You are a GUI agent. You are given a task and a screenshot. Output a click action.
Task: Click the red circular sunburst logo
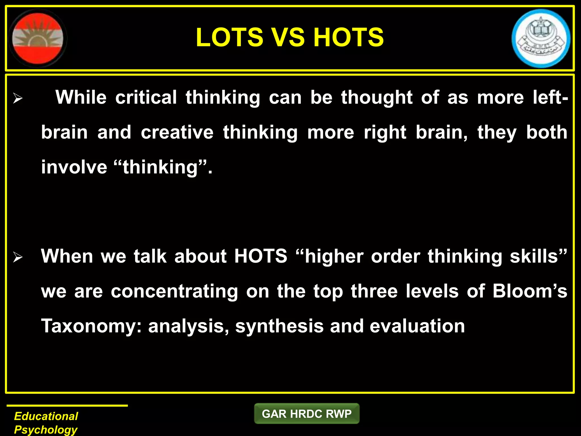pos(38,38)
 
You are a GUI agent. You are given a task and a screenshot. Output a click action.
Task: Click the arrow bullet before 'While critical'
pos(18,99)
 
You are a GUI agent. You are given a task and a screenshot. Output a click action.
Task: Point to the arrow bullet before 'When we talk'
pos(18,257)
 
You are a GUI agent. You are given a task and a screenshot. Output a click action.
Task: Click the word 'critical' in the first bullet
pos(146,97)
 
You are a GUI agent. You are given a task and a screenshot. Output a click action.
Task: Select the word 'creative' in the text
pos(177,132)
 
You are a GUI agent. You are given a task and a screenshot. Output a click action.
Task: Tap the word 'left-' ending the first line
pos(551,97)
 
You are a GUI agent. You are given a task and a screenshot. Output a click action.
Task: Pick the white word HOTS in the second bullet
pos(261,256)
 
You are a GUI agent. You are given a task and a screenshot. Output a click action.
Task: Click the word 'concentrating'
pos(174,292)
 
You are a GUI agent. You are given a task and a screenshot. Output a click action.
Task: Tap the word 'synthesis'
pos(279,326)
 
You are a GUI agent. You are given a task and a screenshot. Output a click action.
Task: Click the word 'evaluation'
pos(417,326)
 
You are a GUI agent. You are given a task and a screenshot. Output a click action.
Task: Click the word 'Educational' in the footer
pos(46,416)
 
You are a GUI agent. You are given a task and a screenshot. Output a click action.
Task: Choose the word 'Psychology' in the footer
pos(46,430)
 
